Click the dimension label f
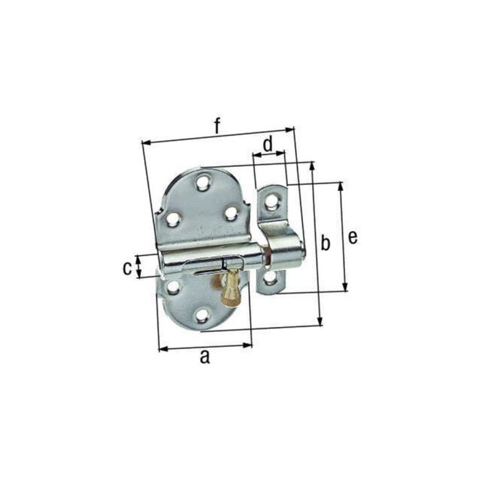[217, 126]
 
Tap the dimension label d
[268, 144]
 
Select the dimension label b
[325, 243]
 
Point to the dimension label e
[353, 238]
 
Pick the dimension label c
[127, 268]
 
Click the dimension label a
[205, 357]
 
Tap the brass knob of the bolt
[231, 289]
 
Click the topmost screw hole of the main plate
[203, 183]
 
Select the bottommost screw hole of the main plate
[202, 317]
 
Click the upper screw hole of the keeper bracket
[271, 203]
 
